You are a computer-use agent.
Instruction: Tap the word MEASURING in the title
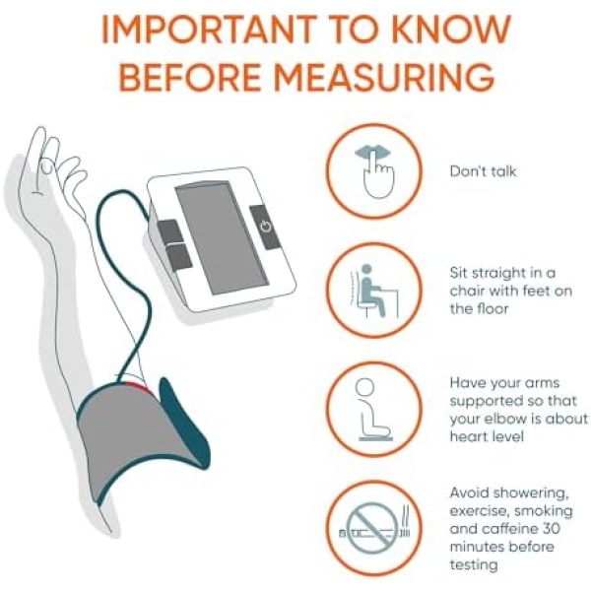pyautogui.click(x=384, y=77)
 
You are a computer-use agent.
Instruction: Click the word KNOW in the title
pyautogui.click(x=451, y=30)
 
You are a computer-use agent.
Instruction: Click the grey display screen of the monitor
pyautogui.click(x=222, y=238)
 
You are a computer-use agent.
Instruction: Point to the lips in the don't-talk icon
pyautogui.click(x=372, y=154)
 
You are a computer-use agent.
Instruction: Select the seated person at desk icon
pyautogui.click(x=374, y=291)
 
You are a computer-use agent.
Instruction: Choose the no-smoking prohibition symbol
pyautogui.click(x=372, y=528)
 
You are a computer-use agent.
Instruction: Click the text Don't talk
pyautogui.click(x=483, y=171)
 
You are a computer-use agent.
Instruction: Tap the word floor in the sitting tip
pyautogui.click(x=490, y=308)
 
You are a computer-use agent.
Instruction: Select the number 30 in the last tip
pyautogui.click(x=552, y=528)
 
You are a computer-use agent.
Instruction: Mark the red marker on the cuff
pyautogui.click(x=137, y=387)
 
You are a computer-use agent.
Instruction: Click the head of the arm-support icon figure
pyautogui.click(x=364, y=387)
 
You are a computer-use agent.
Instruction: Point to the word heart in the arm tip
pyautogui.click(x=466, y=436)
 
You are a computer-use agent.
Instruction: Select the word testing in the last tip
pyautogui.click(x=474, y=565)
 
